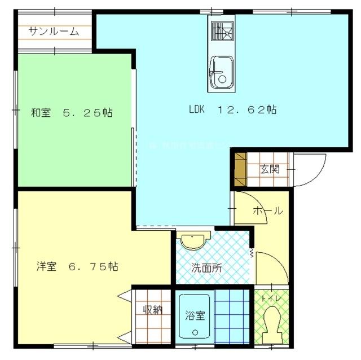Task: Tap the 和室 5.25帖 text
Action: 71,113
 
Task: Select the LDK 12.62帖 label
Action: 232,110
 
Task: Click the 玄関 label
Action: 270,168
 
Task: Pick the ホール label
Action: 267,210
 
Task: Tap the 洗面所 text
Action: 205,268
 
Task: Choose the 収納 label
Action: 153,309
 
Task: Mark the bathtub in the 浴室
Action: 194,317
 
